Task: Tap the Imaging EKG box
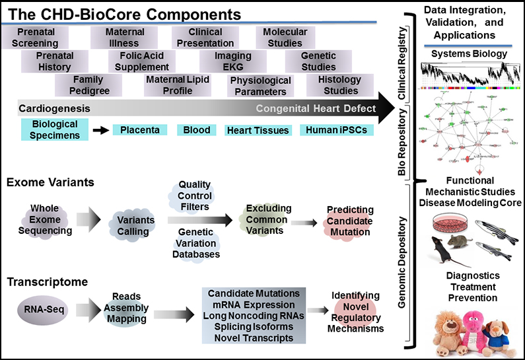233,61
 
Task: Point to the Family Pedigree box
88,85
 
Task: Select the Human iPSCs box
335,130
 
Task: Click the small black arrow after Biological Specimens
100,130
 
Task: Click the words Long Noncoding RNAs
254,316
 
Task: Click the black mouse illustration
448,250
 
